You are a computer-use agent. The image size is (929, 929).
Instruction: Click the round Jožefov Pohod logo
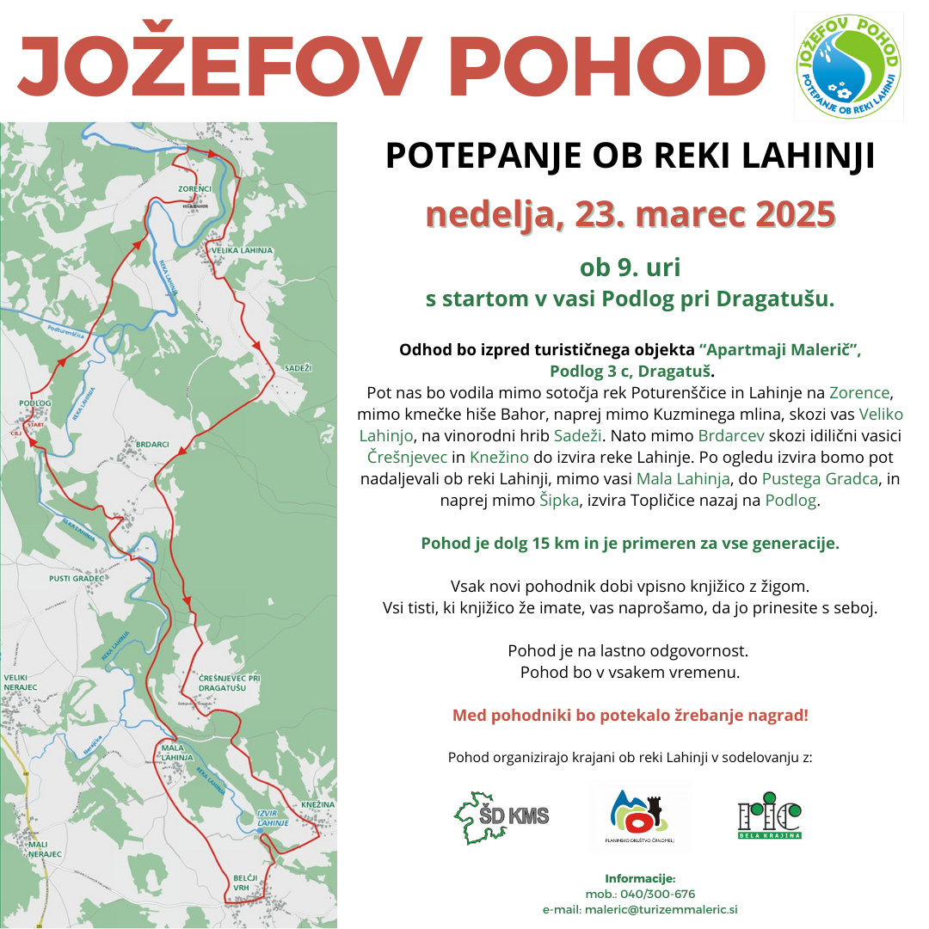[849, 66]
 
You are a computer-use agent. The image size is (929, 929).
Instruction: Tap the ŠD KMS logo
[502, 815]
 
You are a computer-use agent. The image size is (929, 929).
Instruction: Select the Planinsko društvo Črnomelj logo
[639, 816]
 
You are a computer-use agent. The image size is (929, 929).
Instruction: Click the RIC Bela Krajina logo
[770, 816]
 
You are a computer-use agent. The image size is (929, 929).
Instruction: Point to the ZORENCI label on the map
[194, 188]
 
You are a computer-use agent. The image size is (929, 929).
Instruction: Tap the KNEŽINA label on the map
[317, 803]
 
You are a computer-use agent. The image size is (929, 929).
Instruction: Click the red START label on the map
[35, 425]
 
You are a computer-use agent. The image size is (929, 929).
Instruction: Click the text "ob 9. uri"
[630, 268]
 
